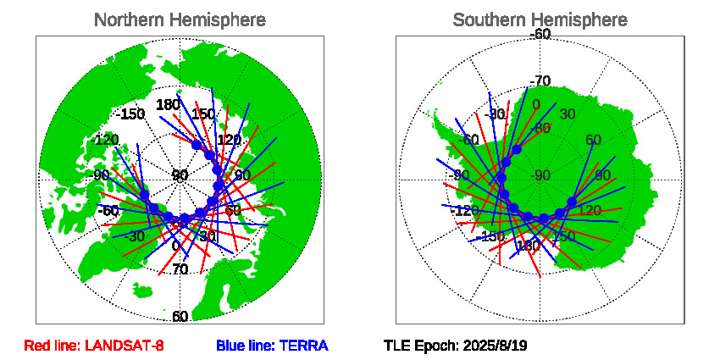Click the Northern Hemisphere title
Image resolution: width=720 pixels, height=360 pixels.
pos(180,19)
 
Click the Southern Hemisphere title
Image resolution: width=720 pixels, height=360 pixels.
pos(540,19)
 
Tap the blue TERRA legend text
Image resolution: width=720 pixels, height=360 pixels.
pos(272,346)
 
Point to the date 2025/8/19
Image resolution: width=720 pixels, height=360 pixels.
pos(496,346)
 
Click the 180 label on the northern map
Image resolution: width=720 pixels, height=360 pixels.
pos(168,105)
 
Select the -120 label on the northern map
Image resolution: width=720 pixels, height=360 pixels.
pos(106,140)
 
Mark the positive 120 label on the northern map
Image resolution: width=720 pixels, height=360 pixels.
pos(230,140)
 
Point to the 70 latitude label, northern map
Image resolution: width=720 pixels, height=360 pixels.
pos(180,269)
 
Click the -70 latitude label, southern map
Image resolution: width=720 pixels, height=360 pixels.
pos(540,81)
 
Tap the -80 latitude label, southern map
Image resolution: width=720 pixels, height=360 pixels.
pos(540,128)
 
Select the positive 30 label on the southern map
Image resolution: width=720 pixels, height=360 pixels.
pos(568,114)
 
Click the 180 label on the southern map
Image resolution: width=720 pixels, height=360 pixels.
pos(528,246)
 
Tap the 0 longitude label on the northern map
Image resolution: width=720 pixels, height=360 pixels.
pos(175,246)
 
